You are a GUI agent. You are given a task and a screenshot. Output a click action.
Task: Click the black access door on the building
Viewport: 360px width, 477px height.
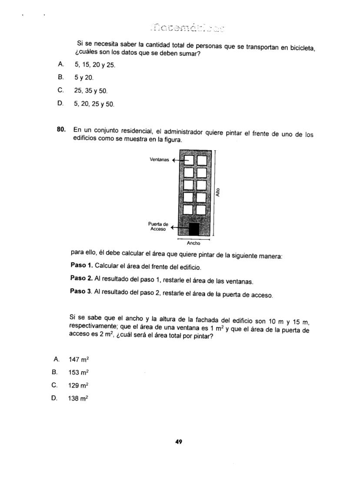(194, 229)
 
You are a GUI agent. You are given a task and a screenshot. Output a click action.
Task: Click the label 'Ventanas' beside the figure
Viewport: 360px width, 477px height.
(159, 160)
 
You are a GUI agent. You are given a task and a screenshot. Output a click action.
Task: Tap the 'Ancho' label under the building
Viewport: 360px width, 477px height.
(193, 243)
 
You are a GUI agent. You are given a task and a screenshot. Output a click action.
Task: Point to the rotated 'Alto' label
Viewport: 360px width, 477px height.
(218, 191)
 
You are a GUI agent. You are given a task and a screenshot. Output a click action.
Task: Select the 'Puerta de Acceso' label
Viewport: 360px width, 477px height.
(159, 226)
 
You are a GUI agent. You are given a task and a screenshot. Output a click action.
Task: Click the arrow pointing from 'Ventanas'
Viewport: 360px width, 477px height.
(178, 160)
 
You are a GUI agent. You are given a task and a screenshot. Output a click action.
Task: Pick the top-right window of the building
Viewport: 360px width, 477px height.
(201, 161)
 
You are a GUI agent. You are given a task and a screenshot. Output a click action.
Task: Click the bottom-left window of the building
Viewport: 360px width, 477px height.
(188, 210)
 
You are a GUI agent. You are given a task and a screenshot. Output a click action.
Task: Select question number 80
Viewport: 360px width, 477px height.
(61, 129)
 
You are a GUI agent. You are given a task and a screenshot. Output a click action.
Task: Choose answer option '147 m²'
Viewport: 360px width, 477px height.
(79, 359)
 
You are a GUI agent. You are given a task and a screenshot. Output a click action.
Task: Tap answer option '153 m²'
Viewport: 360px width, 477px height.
(79, 373)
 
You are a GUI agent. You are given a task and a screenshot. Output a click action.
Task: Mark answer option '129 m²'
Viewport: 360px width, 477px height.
(79, 386)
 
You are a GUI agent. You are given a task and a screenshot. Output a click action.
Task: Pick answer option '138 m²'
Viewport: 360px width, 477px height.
(78, 398)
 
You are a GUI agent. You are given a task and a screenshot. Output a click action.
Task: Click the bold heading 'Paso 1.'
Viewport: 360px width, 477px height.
(81, 265)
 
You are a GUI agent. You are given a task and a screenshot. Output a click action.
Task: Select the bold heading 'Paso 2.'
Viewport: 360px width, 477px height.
(81, 278)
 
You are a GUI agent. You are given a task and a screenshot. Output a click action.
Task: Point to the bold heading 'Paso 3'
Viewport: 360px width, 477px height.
(81, 291)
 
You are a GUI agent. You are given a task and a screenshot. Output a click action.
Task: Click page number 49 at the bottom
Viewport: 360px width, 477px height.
(179, 442)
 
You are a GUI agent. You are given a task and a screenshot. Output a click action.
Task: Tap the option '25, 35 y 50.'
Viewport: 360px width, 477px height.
(90, 91)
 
